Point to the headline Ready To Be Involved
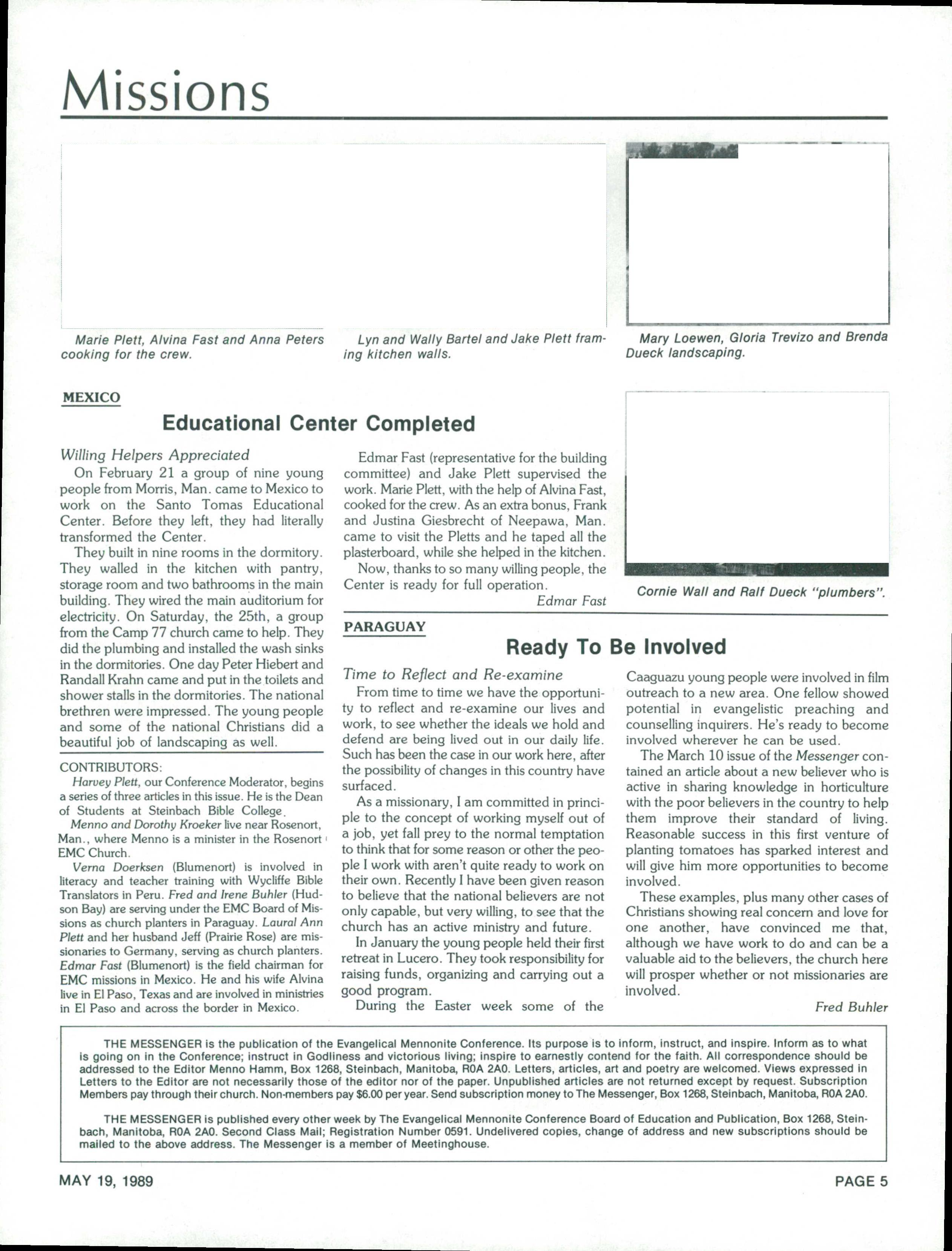(x=615, y=647)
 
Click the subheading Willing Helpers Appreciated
(x=155, y=455)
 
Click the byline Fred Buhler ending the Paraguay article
(x=851, y=1007)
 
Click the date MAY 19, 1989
(x=107, y=1181)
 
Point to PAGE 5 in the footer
(x=861, y=1181)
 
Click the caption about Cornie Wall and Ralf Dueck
(x=761, y=592)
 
